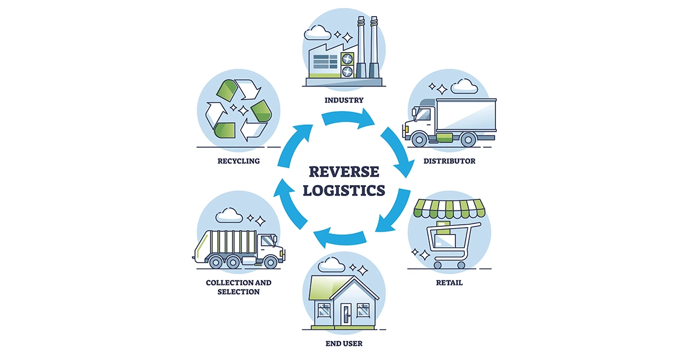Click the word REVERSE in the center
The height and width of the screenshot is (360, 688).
coord(343,171)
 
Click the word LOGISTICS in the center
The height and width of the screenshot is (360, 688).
coord(343,190)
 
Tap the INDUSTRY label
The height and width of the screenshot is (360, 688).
coord(343,100)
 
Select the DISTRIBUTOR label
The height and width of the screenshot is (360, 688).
coord(449,161)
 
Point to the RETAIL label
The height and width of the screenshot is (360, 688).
coord(449,283)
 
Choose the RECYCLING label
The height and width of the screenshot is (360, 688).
coord(239,161)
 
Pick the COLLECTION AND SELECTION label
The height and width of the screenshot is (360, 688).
coord(239,287)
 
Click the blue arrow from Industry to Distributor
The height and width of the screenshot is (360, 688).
coord(349,118)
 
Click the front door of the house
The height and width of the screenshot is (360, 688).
coord(346,314)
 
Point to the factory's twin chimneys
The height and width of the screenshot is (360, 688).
coord(368,46)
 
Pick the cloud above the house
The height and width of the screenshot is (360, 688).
coord(331,264)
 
